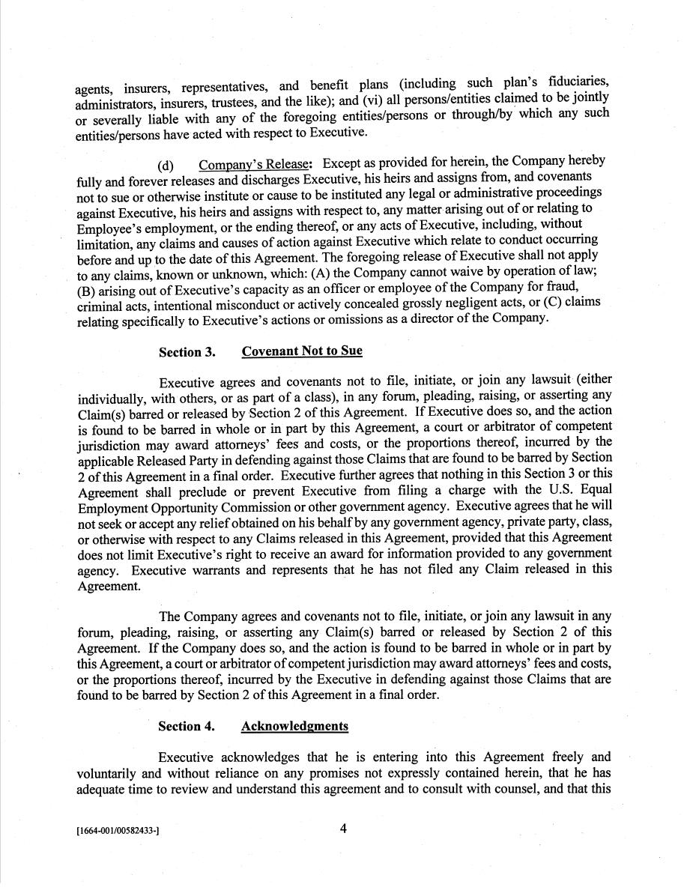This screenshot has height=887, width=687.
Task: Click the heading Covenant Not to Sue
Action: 302,351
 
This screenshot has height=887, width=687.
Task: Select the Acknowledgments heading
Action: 294,726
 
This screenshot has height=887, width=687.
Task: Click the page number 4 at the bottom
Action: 343,829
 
